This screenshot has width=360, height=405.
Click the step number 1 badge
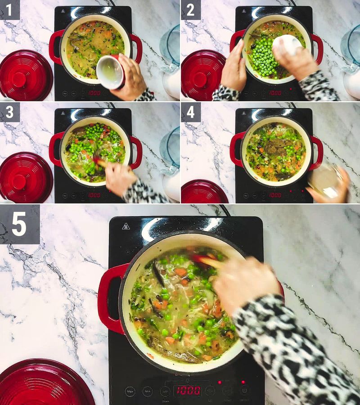[9, 9]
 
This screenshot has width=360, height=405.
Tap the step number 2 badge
[190, 9]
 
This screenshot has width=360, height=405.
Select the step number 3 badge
[9, 112]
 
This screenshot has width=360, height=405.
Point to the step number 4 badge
[190, 112]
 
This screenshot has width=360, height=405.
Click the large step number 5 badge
[19, 224]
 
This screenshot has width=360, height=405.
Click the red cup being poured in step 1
[111, 72]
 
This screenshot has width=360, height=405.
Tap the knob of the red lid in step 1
[19, 79]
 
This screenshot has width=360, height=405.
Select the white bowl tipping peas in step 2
[288, 45]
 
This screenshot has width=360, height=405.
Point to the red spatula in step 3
[100, 162]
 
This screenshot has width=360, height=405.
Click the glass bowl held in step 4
[325, 180]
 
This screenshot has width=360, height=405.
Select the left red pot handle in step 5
[108, 297]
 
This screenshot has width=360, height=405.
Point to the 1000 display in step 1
[94, 93]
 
